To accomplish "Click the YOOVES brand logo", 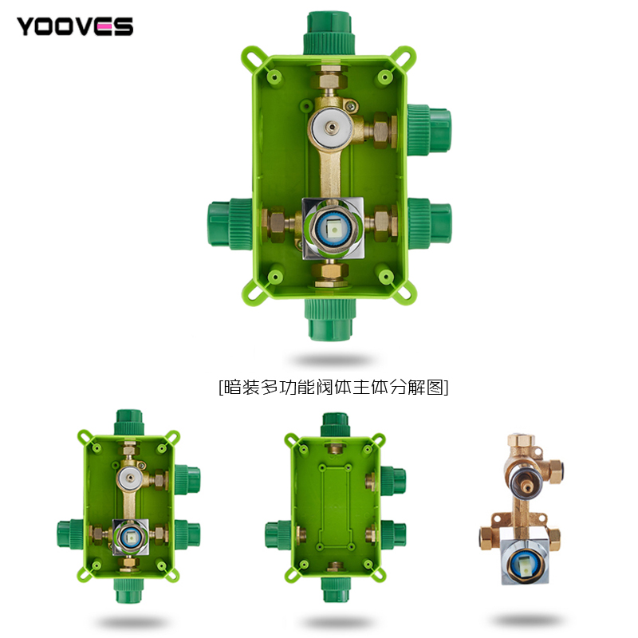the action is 75,26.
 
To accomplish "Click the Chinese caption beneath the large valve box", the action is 333,387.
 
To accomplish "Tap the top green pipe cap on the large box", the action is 329,33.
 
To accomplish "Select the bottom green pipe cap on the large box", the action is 330,319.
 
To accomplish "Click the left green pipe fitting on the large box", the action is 230,223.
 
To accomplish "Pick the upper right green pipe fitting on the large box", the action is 429,130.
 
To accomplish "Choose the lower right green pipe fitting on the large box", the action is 430,223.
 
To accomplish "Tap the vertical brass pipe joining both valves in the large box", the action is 330,173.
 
